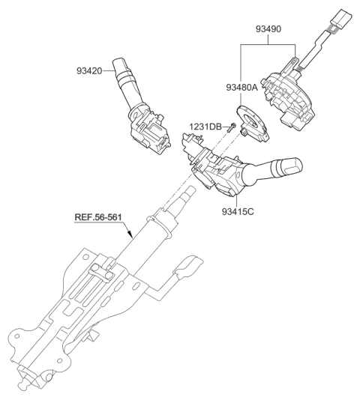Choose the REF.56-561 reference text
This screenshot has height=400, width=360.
click(x=99, y=219)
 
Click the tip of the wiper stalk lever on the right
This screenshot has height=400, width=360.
click(x=292, y=163)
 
